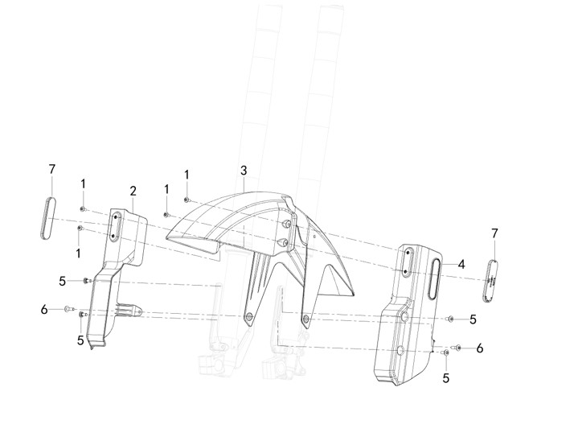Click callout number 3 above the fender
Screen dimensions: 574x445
pos(244,171)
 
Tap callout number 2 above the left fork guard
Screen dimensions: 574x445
pos(133,191)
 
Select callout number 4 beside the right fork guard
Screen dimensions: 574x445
pos(461,264)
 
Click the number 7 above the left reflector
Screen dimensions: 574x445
pos(52,169)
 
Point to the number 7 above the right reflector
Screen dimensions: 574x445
pos(494,233)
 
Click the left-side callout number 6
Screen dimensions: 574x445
pos(44,310)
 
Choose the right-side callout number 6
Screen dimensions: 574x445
pos(480,348)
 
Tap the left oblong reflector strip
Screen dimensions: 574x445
pos(48,218)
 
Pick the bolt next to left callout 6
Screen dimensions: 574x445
pos(70,309)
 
